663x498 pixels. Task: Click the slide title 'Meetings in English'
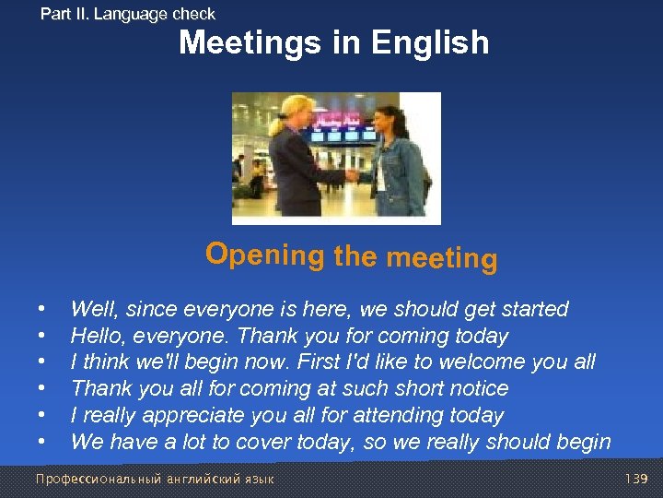tap(333, 42)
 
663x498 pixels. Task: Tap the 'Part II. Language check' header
tap(127, 14)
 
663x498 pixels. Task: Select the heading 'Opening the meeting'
tap(351, 255)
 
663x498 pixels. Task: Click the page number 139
tap(636, 480)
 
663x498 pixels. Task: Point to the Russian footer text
tap(154, 480)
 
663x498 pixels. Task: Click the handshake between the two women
tap(353, 173)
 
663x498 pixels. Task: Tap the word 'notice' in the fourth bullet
tap(476, 388)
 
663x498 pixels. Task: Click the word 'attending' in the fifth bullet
tap(406, 415)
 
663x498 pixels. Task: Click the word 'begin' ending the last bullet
tap(582, 442)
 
